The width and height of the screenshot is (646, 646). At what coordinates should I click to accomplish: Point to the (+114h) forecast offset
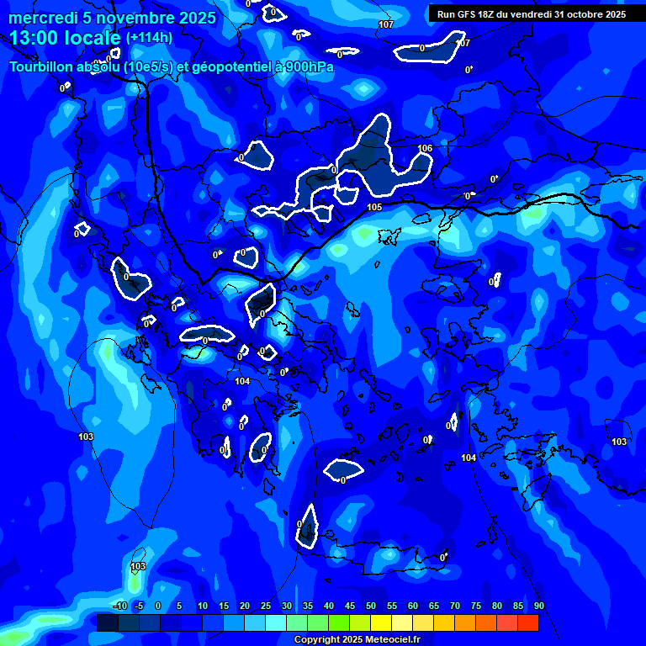149,38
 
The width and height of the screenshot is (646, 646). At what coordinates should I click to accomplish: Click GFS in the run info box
469,14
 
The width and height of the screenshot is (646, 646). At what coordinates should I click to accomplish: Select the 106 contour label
425,149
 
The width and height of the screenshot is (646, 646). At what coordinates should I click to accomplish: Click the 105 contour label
374,207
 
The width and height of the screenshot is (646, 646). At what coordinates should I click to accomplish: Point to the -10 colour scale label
119,606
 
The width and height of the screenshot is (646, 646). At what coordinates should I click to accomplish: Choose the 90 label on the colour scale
538,606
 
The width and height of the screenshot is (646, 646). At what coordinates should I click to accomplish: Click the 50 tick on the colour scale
370,606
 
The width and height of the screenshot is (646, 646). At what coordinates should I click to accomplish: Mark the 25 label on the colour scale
265,606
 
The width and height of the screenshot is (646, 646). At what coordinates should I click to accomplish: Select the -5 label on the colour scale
139,606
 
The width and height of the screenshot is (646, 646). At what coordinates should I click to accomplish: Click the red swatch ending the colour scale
528,622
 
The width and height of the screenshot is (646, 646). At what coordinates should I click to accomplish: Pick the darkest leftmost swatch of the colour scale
107,622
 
